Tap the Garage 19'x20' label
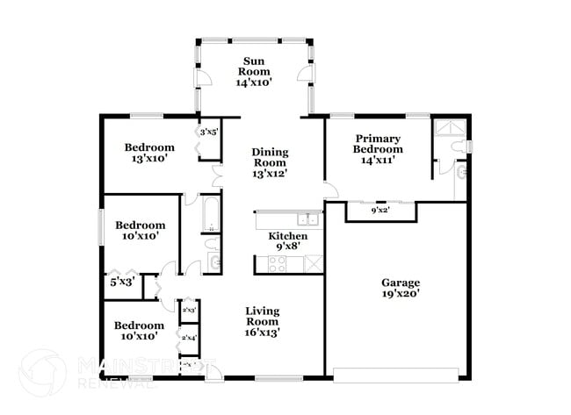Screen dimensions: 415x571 [400, 288]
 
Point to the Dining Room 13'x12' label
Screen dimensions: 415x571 [270, 162]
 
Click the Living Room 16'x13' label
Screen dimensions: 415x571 [262, 321]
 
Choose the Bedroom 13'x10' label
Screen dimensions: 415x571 [148, 153]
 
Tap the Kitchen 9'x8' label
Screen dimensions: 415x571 [287, 242]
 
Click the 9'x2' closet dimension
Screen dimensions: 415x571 [380, 211]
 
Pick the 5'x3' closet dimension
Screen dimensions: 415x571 [120, 283]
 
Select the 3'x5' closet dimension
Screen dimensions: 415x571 [208, 132]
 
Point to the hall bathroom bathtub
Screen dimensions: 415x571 [212, 216]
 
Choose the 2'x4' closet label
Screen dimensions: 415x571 [189, 337]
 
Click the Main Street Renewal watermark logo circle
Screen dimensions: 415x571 [42, 371]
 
